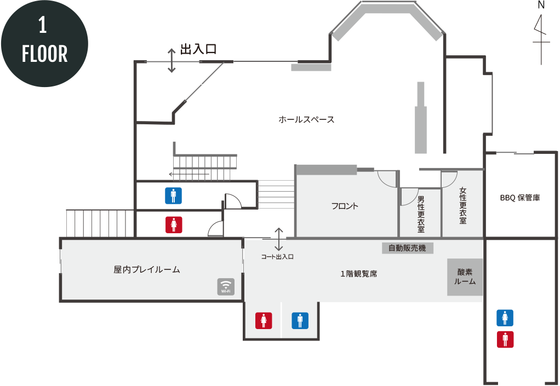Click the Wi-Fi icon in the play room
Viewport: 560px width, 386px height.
pos(226,287)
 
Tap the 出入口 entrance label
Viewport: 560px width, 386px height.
pos(198,49)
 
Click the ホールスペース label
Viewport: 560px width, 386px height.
pos(306,119)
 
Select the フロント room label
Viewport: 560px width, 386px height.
pos(345,206)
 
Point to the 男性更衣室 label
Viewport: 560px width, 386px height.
pos(421,214)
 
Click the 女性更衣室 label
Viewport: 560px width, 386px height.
pos(463,205)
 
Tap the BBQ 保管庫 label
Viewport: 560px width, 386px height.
pos(520,198)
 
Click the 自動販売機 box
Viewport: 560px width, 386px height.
pos(408,248)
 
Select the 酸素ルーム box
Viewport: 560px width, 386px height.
pos(465,277)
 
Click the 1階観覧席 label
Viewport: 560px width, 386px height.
pos(358,274)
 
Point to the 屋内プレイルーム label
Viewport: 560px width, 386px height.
pos(147,270)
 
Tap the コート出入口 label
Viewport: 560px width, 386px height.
pos(277,257)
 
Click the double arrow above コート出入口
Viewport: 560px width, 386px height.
pos(278,239)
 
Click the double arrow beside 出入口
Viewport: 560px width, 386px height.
pos(172,61)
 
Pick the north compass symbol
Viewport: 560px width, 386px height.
pos(541,34)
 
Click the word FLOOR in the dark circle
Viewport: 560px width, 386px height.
pos(44,54)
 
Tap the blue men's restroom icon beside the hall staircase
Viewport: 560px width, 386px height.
pos(173,196)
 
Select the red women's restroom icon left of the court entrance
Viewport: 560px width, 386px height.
pos(174,225)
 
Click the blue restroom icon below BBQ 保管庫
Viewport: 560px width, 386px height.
pos(505,318)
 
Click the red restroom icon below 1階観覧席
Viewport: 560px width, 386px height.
pos(264,320)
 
